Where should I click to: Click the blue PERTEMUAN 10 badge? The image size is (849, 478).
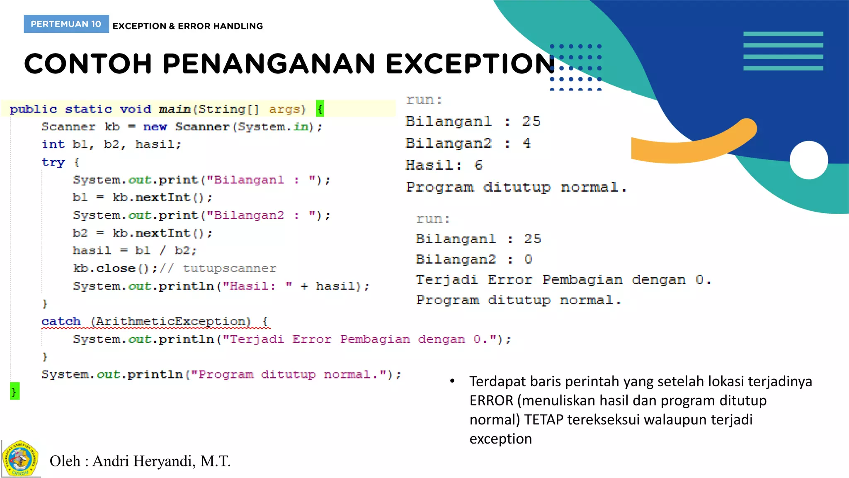[x=66, y=24]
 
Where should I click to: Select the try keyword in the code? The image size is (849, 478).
[x=53, y=162]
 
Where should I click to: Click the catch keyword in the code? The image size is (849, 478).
[x=61, y=322]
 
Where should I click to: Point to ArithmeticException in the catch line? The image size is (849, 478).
[x=171, y=322]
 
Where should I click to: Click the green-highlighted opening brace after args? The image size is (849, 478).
[x=320, y=109]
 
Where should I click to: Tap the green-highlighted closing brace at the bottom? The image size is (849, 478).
[x=15, y=391]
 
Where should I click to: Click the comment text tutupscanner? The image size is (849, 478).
[x=229, y=268]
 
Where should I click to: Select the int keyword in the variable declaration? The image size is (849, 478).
[x=53, y=144]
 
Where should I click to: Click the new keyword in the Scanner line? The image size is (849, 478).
[x=155, y=127]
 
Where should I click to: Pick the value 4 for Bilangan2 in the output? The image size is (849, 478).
[x=526, y=143]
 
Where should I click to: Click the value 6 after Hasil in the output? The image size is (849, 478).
[x=478, y=165]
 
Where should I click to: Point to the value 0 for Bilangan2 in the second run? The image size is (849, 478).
[x=528, y=259]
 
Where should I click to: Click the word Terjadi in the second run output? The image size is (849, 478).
[x=446, y=280]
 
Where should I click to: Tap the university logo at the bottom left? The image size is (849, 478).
[x=20, y=459]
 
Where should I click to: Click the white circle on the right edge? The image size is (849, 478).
[x=809, y=160]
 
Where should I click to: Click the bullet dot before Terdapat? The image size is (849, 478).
[x=452, y=381]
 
